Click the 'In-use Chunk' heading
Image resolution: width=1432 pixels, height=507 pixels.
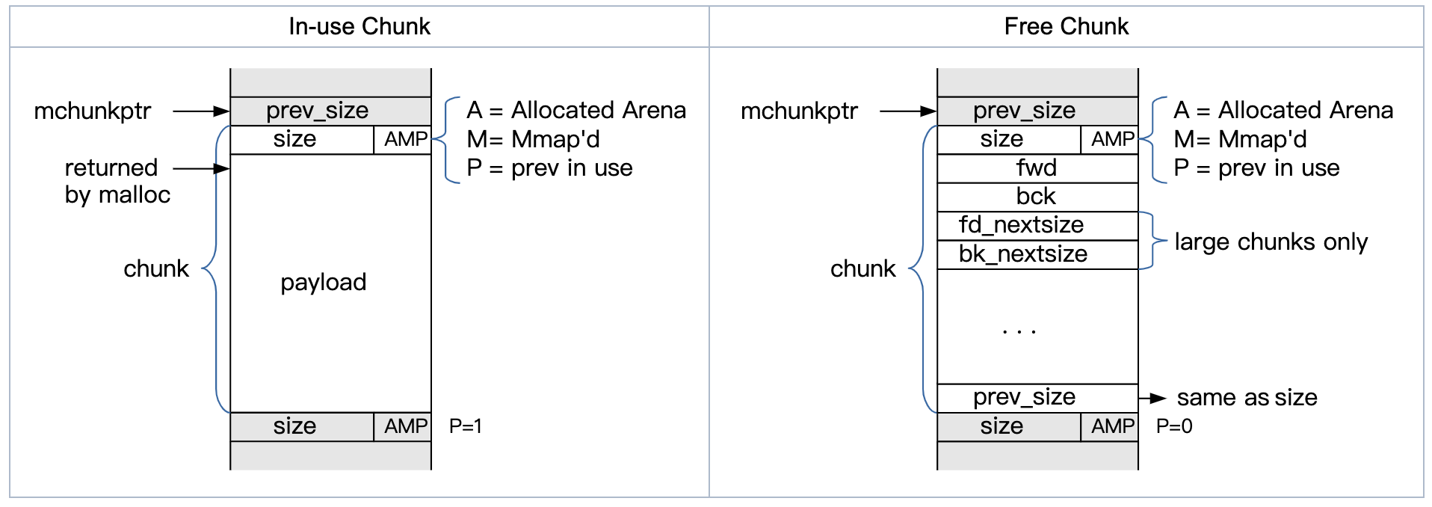(x=359, y=27)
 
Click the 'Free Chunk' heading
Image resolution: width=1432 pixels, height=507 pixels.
(x=1067, y=27)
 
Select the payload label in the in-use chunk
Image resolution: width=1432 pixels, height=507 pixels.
(x=324, y=283)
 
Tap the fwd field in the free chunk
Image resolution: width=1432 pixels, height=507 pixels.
(x=1037, y=168)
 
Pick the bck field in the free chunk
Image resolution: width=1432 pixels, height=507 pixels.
(x=1037, y=197)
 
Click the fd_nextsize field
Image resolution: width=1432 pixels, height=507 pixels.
(x=1037, y=226)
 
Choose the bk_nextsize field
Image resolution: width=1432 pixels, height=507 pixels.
(x=1037, y=254)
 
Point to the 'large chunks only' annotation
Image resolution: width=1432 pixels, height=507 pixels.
(x=1271, y=242)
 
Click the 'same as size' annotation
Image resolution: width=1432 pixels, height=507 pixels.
(x=1247, y=398)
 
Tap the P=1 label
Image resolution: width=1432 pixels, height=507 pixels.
(x=466, y=426)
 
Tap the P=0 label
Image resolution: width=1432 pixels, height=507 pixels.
(x=1174, y=426)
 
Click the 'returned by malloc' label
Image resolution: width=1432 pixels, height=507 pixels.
(x=117, y=181)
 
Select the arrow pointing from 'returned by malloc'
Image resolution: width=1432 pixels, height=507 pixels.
(x=201, y=169)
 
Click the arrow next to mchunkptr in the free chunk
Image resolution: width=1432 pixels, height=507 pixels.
(x=908, y=111)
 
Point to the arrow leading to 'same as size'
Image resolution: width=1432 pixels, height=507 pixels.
(x=1152, y=399)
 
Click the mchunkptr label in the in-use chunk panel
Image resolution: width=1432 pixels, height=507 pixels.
(x=93, y=111)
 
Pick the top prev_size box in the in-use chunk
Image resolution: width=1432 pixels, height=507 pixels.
(x=330, y=111)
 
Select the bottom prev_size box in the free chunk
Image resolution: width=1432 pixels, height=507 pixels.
(x=1037, y=398)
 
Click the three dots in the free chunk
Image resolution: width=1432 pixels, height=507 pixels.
(x=1019, y=331)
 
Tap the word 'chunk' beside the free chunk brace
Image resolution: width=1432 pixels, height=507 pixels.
(x=862, y=268)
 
